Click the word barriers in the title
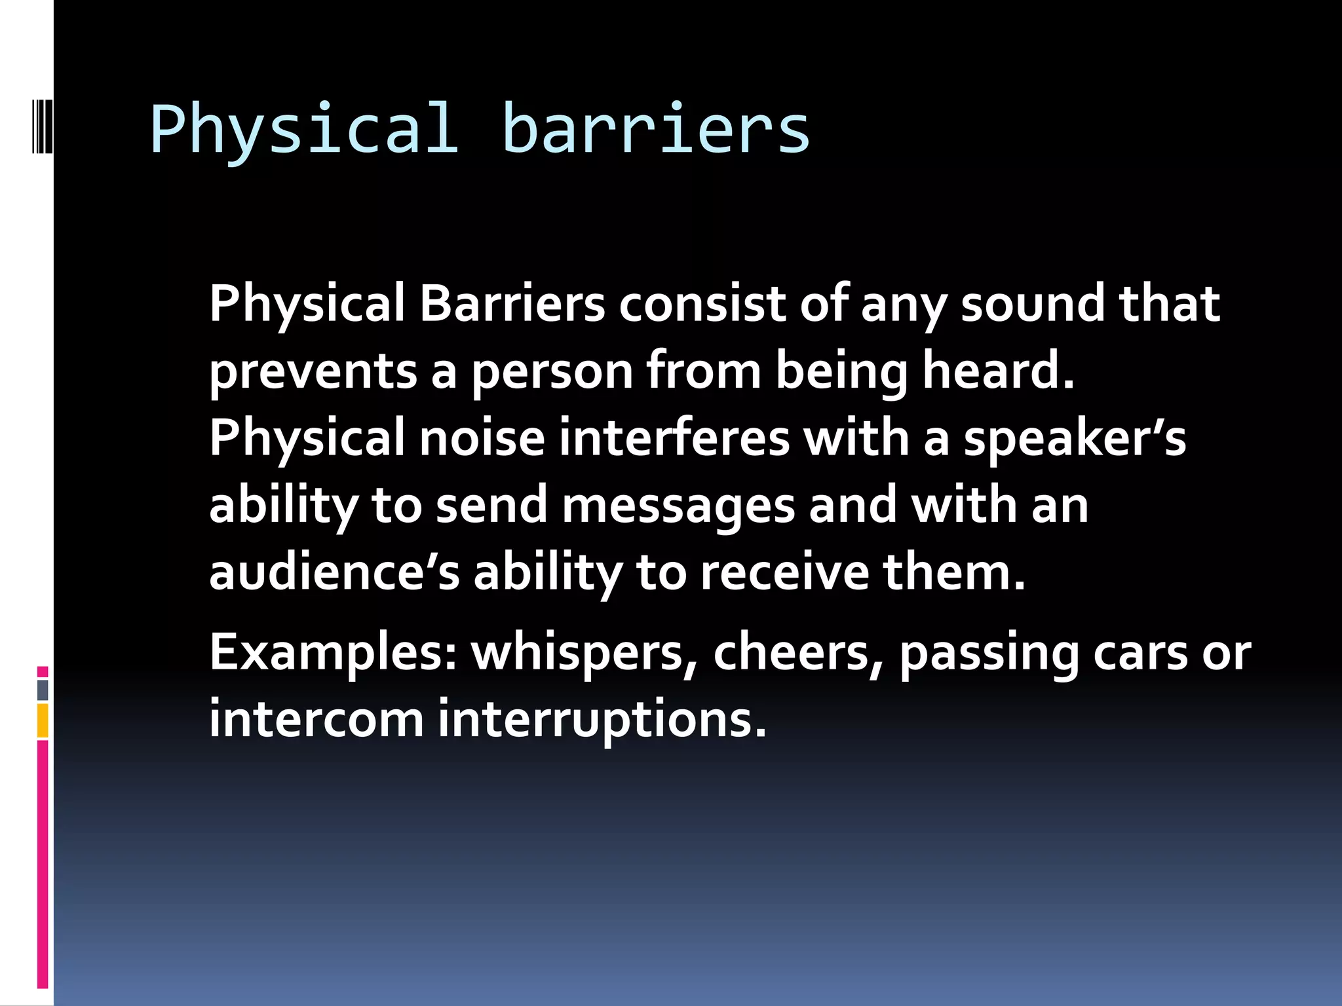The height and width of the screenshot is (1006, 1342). coord(656,129)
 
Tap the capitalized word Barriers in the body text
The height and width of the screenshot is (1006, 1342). coord(512,304)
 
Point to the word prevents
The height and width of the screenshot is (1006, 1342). coord(313,371)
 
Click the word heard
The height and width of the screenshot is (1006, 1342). coord(998,371)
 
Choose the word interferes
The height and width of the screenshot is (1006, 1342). coord(674,438)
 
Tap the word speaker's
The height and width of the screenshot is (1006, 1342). coord(1075,438)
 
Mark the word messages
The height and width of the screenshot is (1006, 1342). coord(678,506)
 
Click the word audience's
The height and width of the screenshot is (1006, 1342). coord(334,572)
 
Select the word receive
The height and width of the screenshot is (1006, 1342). coord(785,572)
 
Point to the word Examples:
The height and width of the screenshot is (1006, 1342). coord(333,653)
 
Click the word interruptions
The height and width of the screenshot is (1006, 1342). coord(602,720)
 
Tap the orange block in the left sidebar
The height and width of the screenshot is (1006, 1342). coord(43,720)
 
